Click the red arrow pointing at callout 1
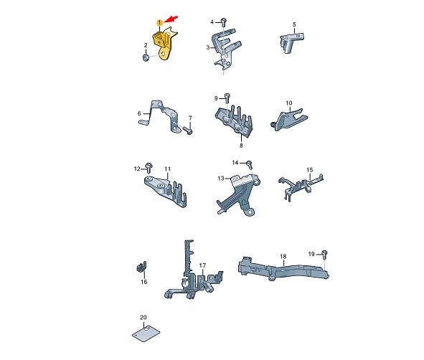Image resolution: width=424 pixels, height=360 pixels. click(171, 19)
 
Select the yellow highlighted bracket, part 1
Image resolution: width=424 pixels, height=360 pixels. click(163, 44)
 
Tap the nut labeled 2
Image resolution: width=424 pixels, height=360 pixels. click(146, 57)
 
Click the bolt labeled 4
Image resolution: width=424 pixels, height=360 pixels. click(224, 22)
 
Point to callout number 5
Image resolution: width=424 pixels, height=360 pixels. click(294, 24)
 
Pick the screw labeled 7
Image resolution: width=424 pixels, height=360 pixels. click(188, 131)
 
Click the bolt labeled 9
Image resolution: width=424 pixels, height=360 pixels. click(227, 98)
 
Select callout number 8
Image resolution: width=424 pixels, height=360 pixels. click(241, 146)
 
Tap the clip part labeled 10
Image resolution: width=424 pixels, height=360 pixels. click(289, 120)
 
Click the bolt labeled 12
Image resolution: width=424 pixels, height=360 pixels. click(149, 168)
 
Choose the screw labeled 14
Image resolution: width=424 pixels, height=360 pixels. click(250, 164)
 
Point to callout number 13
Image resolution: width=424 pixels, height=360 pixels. click(221, 179)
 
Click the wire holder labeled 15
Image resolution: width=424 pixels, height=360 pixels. click(300, 186)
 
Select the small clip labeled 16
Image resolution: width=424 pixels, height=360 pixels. click(141, 267)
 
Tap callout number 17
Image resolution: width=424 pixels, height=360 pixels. click(202, 265)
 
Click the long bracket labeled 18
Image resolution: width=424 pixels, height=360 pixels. click(283, 269)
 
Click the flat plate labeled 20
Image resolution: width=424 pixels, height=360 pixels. click(146, 333)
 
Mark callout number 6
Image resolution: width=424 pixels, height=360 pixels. click(139, 113)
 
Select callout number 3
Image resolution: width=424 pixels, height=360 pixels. click(207, 47)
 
